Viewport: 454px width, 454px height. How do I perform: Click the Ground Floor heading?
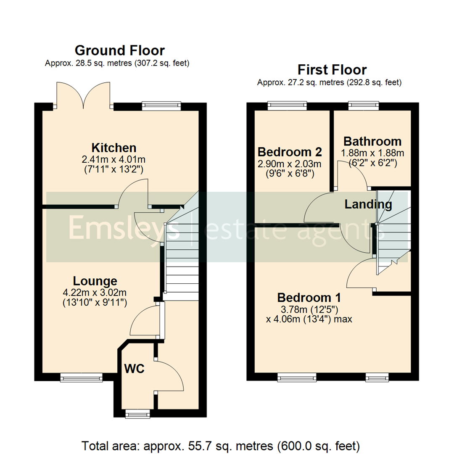tap(119, 50)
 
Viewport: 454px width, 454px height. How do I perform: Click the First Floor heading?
tap(332, 69)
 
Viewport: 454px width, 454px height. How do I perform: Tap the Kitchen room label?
tap(114, 148)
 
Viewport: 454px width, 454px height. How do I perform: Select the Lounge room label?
tap(95, 281)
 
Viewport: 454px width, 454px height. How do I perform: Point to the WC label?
tap(135, 369)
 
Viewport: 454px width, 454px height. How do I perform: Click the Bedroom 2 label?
tap(290, 151)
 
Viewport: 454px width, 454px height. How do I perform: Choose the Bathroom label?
tap(372, 141)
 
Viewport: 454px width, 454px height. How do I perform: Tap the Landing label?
tap(368, 205)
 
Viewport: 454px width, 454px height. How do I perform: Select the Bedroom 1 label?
tap(309, 298)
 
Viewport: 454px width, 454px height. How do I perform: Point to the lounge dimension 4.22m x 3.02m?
tap(95, 292)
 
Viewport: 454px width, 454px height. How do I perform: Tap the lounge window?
tap(81, 378)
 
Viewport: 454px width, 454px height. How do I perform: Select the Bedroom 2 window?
tap(288, 106)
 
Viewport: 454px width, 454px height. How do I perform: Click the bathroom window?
tap(364, 106)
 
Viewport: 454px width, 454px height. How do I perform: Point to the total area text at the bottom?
tap(221, 445)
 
